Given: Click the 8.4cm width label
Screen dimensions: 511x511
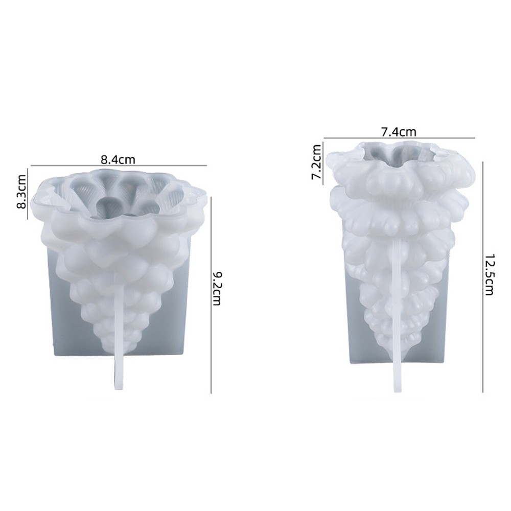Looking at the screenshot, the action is pyautogui.click(x=118, y=159).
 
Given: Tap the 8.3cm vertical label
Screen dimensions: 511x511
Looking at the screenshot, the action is pyautogui.click(x=22, y=192).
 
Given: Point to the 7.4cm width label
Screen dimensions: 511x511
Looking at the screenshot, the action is pyautogui.click(x=399, y=132).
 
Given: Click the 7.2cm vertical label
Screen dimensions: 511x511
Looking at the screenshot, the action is pyautogui.click(x=317, y=162).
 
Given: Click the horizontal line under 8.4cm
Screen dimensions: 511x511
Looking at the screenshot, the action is pyautogui.click(x=119, y=166).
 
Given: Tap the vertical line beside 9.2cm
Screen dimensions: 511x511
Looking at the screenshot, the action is pyautogui.click(x=211, y=295).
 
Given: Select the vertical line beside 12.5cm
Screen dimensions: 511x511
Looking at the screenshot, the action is pyautogui.click(x=483, y=277).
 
